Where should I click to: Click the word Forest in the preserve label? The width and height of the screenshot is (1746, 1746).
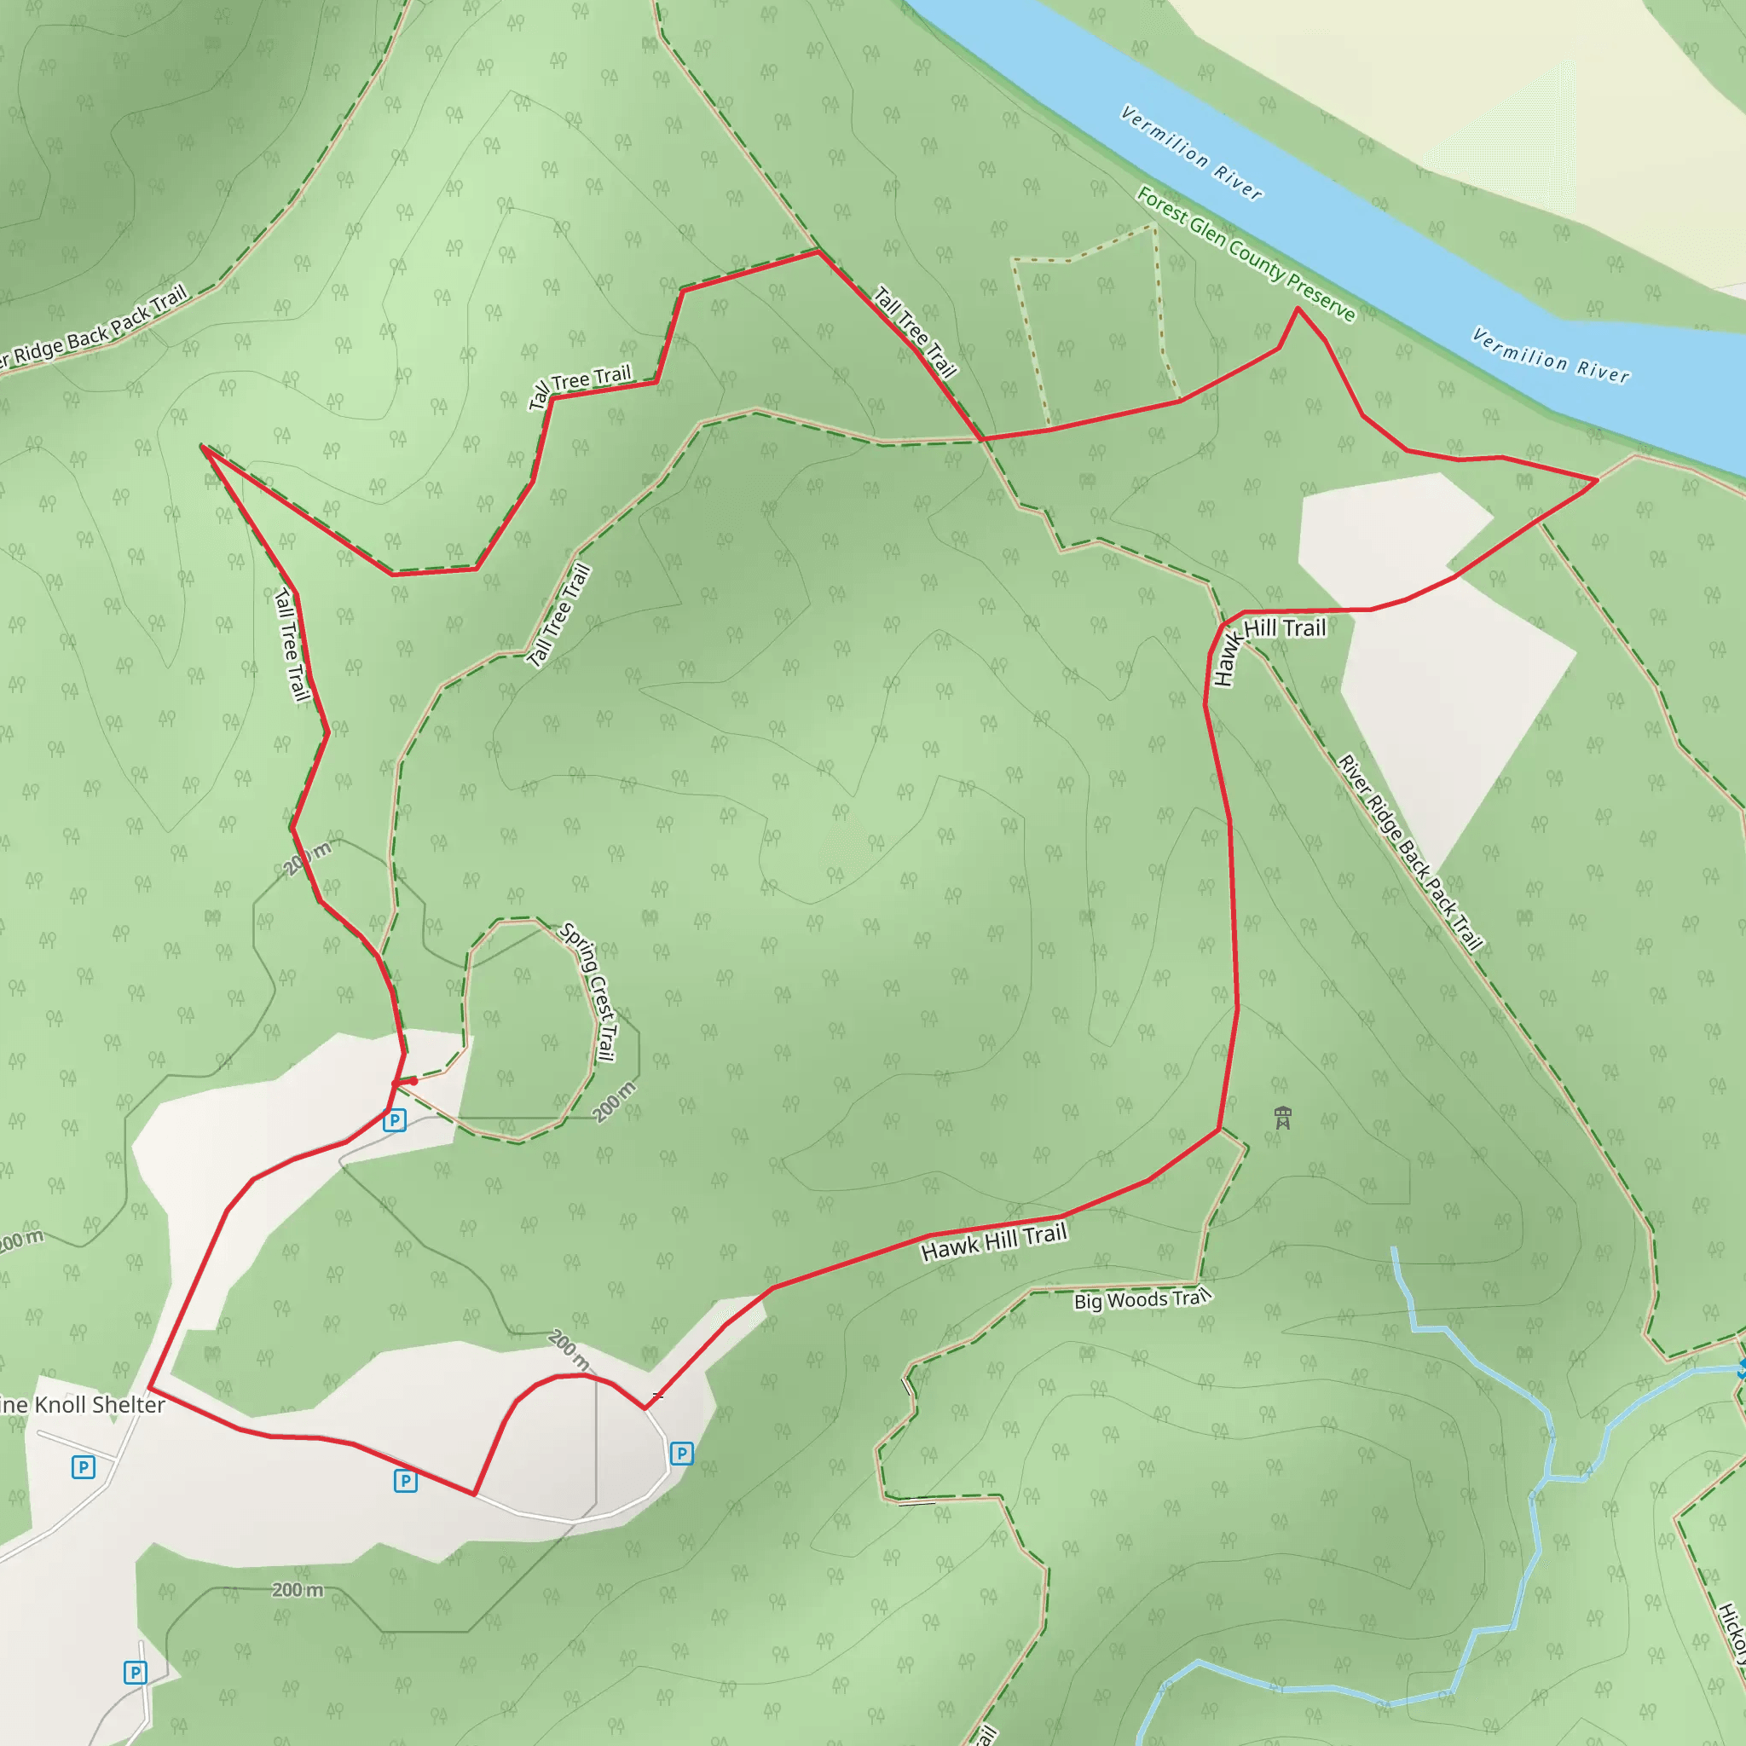click(x=1160, y=209)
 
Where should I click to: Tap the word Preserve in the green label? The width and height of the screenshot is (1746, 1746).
click(x=1321, y=298)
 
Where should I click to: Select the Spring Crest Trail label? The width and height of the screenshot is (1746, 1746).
click(x=589, y=992)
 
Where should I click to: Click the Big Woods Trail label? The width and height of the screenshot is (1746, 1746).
click(x=1142, y=1299)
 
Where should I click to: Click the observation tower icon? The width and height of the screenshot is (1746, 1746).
click(x=1282, y=1118)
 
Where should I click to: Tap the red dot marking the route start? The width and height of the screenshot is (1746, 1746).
click(x=413, y=1081)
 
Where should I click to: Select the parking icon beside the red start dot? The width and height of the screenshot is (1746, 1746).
click(x=394, y=1120)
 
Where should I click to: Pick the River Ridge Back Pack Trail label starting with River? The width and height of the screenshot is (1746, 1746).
click(x=1410, y=853)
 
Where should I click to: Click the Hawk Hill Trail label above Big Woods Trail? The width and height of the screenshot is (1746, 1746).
click(x=994, y=1241)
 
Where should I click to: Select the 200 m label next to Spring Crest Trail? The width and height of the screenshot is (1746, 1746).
click(x=615, y=1101)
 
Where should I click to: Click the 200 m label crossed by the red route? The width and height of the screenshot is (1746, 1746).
click(x=307, y=858)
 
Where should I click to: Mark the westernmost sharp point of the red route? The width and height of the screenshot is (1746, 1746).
click(x=202, y=447)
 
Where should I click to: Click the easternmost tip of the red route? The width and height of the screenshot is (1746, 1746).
click(x=1597, y=480)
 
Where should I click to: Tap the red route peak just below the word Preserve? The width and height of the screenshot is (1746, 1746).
click(x=1298, y=309)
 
